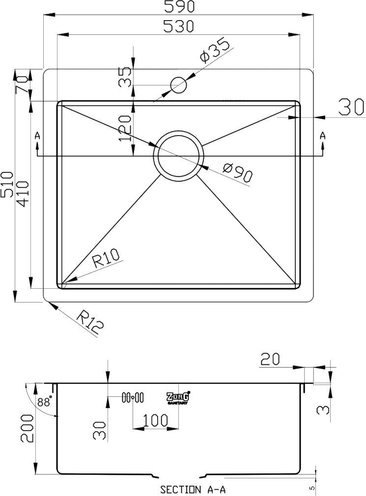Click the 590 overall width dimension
178,7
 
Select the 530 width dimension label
178,27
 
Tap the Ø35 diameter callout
215,50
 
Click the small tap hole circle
178,85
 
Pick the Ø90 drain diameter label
237,172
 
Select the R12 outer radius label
90,323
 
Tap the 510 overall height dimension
7,185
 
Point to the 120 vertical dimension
124,128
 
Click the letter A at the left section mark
37,136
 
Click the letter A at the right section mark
322,136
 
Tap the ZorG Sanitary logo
178,398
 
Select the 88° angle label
44,402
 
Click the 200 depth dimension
27,428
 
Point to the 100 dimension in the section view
155,420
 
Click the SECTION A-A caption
193,490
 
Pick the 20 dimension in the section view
270,359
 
